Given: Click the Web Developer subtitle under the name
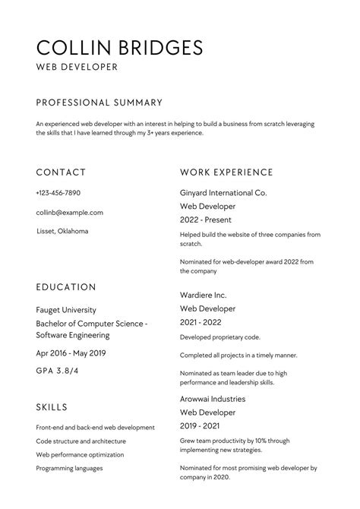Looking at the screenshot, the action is [x=77, y=68].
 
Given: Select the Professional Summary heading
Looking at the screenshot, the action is [x=99, y=102].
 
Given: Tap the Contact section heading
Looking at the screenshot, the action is [x=61, y=172].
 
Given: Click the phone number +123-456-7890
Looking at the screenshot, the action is [x=58, y=193].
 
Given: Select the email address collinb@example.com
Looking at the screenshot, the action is [x=69, y=213].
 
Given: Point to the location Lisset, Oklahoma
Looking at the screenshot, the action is [x=62, y=231].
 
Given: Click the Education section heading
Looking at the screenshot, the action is [x=66, y=287].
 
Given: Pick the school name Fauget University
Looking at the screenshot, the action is [x=66, y=310].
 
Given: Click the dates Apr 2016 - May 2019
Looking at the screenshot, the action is [x=71, y=353].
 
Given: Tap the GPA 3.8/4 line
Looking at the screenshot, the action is [x=56, y=371].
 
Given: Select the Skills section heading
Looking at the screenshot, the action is [x=52, y=407].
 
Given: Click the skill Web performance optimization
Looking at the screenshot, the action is [x=80, y=454].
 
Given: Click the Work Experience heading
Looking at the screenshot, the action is [x=226, y=172].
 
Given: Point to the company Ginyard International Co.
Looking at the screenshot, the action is [x=223, y=193].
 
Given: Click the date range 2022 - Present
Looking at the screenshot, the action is [x=208, y=220].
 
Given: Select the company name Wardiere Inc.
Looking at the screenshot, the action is [x=204, y=294].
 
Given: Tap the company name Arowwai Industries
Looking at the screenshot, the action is [x=213, y=398].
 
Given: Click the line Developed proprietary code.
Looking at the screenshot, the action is [x=220, y=337].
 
